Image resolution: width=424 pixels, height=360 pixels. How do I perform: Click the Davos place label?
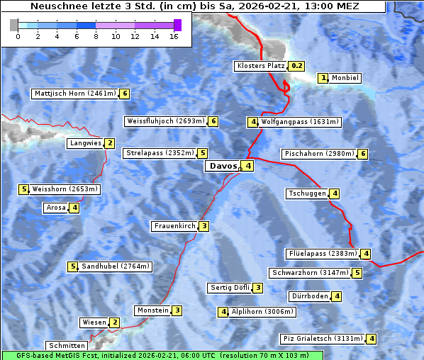pos(221,166)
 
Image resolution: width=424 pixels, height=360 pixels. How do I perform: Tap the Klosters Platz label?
pos(262,66)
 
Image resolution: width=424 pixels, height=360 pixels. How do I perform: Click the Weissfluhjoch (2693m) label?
pos(166,121)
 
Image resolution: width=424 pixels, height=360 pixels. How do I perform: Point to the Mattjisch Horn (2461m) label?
pos(75,94)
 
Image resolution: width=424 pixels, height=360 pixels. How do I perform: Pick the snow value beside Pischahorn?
pos(363,154)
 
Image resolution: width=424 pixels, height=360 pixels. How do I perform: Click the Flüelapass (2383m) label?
pos(322,253)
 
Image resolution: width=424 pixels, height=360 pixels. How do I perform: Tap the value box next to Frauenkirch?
pos(203,226)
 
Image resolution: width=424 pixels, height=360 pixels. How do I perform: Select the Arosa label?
pos(55,208)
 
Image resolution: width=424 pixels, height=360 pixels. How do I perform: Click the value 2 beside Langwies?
pos(109,143)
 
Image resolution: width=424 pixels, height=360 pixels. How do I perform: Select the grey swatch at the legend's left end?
pos(13,25)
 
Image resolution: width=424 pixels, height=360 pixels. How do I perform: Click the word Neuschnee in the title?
pos(54,6)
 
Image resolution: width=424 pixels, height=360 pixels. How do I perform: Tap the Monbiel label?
pos(345,78)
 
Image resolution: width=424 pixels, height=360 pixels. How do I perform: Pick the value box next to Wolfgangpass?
pos(252,122)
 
